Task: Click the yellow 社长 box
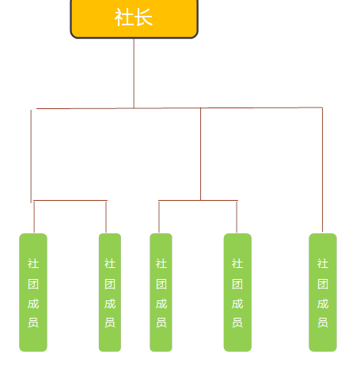point(134,18)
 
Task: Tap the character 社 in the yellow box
point(123,17)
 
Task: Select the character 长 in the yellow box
point(143,17)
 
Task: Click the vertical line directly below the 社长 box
point(134,74)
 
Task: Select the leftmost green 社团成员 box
point(33,292)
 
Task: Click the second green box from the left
point(110,292)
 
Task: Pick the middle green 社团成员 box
point(161,292)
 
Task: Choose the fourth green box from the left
point(237,292)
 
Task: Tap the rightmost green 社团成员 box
point(323,292)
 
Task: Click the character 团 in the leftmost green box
point(33,284)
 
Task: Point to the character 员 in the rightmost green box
point(323,323)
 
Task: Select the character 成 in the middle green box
point(161,304)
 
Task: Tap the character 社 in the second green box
point(110,263)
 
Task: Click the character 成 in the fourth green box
point(237,304)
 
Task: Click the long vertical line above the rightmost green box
point(322,170)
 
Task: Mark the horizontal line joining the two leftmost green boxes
point(70,201)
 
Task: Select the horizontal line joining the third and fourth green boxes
point(198,201)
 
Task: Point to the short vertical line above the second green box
point(106,217)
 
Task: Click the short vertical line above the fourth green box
point(237,217)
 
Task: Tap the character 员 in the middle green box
point(161,323)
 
